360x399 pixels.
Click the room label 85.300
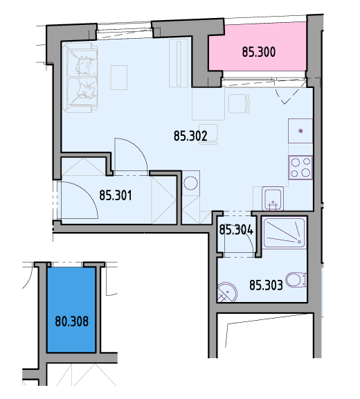[258, 52]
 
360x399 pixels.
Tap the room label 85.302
[190, 136]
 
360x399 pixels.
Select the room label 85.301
[116, 195]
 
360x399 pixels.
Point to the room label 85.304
[236, 230]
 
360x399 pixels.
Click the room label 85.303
[266, 285]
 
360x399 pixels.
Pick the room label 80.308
[72, 321]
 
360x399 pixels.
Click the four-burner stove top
[300, 167]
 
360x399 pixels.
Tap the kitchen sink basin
[273, 199]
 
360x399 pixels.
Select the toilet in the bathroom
[296, 280]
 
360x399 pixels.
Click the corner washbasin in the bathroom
[227, 292]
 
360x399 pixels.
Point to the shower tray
[285, 232]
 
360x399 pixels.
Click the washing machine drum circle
[190, 183]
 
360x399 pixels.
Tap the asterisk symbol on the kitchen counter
[300, 132]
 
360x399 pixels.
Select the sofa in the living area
[80, 78]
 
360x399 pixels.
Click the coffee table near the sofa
[118, 78]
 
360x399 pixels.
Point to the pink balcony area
[258, 47]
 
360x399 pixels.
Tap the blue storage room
[71, 310]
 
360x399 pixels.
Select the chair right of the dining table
[239, 104]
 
